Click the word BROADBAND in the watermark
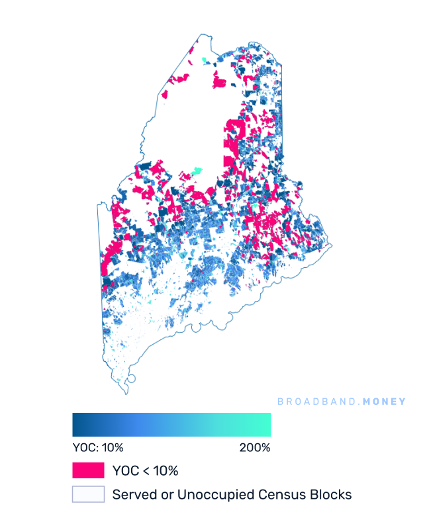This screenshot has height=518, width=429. click(x=316, y=402)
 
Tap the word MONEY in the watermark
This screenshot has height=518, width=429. click(x=383, y=402)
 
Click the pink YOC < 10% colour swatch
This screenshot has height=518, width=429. click(x=88, y=470)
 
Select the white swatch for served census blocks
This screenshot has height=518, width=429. click(x=88, y=494)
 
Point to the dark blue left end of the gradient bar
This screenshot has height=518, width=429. click(x=77, y=425)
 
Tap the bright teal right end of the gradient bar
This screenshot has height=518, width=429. click(x=266, y=425)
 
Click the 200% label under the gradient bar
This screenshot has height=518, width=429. click(x=255, y=448)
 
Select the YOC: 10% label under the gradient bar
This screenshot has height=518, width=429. click(x=97, y=448)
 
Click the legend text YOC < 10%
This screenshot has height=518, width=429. click(x=146, y=471)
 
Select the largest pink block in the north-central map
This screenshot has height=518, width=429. click(x=234, y=132)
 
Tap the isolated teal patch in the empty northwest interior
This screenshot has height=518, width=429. click(x=195, y=171)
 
